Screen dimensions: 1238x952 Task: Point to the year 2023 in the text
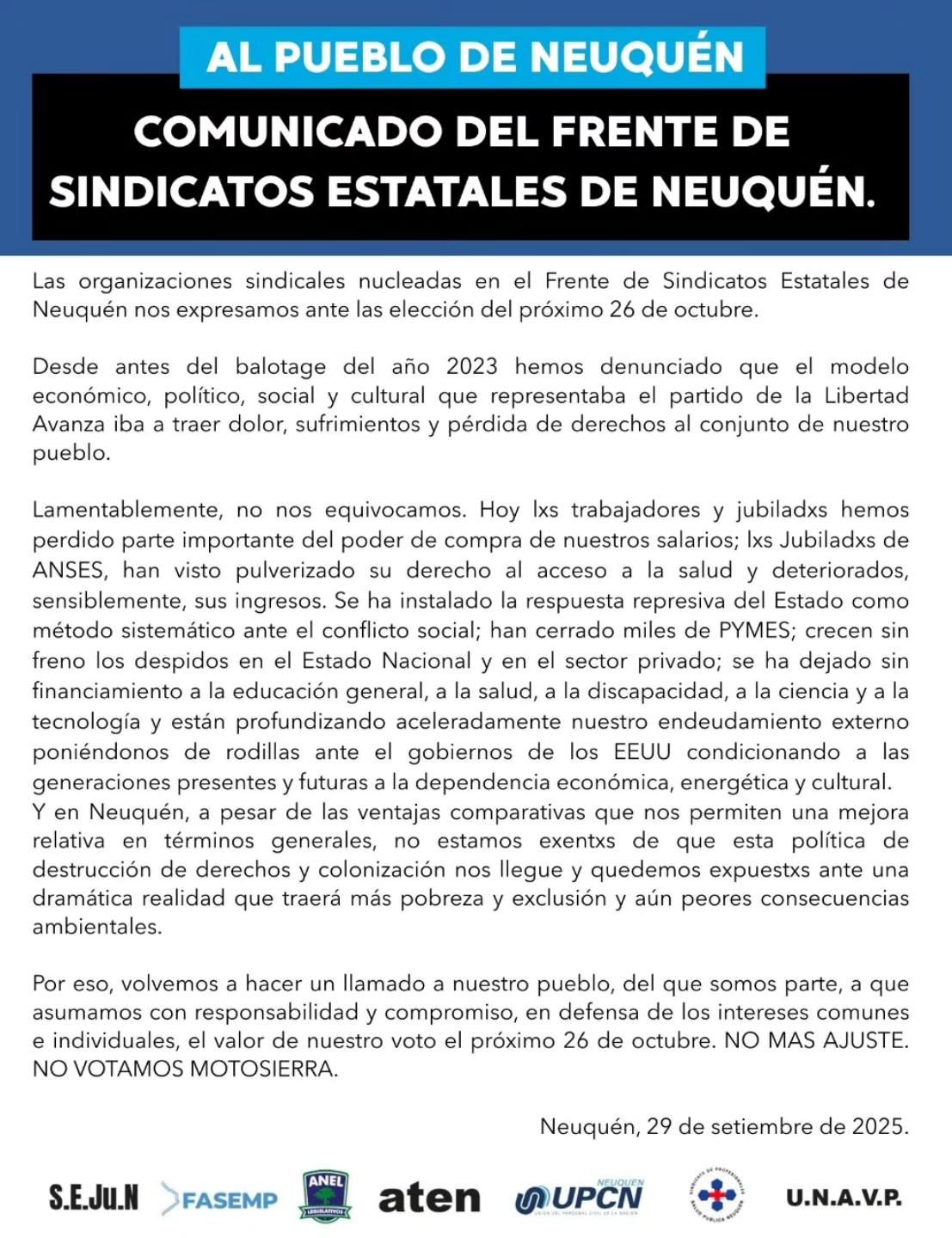471,367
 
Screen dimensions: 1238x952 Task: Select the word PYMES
754,630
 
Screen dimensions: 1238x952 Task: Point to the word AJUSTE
863,1040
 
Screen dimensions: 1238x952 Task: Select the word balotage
280,367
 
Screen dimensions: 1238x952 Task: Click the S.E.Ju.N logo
93,1198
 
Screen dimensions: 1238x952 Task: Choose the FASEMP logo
220,1199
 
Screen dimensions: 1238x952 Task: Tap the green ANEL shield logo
326,1196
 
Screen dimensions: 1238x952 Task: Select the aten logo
429,1198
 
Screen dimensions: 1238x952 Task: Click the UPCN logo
580,1198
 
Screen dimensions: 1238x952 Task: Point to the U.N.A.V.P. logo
844,1198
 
